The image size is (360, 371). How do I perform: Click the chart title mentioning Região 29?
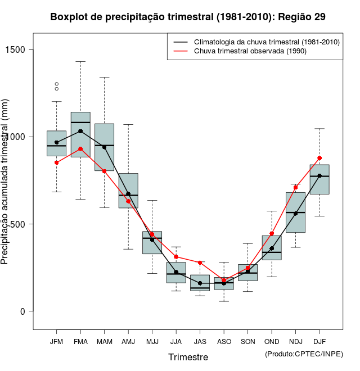(188, 17)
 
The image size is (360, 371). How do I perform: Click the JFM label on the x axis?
(56, 342)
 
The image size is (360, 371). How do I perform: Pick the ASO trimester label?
(224, 342)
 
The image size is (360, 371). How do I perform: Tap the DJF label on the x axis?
(319, 342)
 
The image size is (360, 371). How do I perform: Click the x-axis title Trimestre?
(188, 357)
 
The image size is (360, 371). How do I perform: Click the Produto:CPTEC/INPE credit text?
(304, 354)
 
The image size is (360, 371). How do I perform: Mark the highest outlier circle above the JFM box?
(56, 84)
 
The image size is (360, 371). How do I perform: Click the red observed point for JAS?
(200, 263)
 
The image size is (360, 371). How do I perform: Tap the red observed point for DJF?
(319, 158)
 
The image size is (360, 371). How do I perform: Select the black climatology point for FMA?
(80, 131)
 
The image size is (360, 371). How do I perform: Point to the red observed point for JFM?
(56, 162)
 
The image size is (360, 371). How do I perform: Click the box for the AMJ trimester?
(128, 191)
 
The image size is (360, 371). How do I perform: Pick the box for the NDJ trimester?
(295, 212)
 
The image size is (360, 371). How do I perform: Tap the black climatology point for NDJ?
(295, 214)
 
